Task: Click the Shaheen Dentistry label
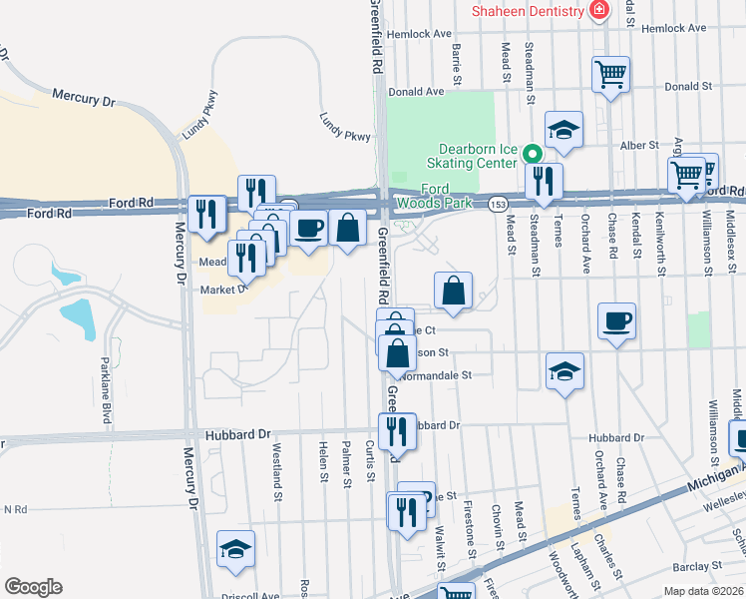coord(528,11)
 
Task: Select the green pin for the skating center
coord(533,155)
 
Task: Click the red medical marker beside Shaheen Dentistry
coord(599,11)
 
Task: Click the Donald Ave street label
coord(416,91)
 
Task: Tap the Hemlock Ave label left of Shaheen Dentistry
coord(426,33)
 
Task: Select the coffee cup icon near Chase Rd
coord(616,321)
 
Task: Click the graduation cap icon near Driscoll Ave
coord(235,548)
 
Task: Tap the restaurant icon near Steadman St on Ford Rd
coord(543,181)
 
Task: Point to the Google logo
coord(33,586)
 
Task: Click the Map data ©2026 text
coord(703,591)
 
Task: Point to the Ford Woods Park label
coord(446,196)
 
